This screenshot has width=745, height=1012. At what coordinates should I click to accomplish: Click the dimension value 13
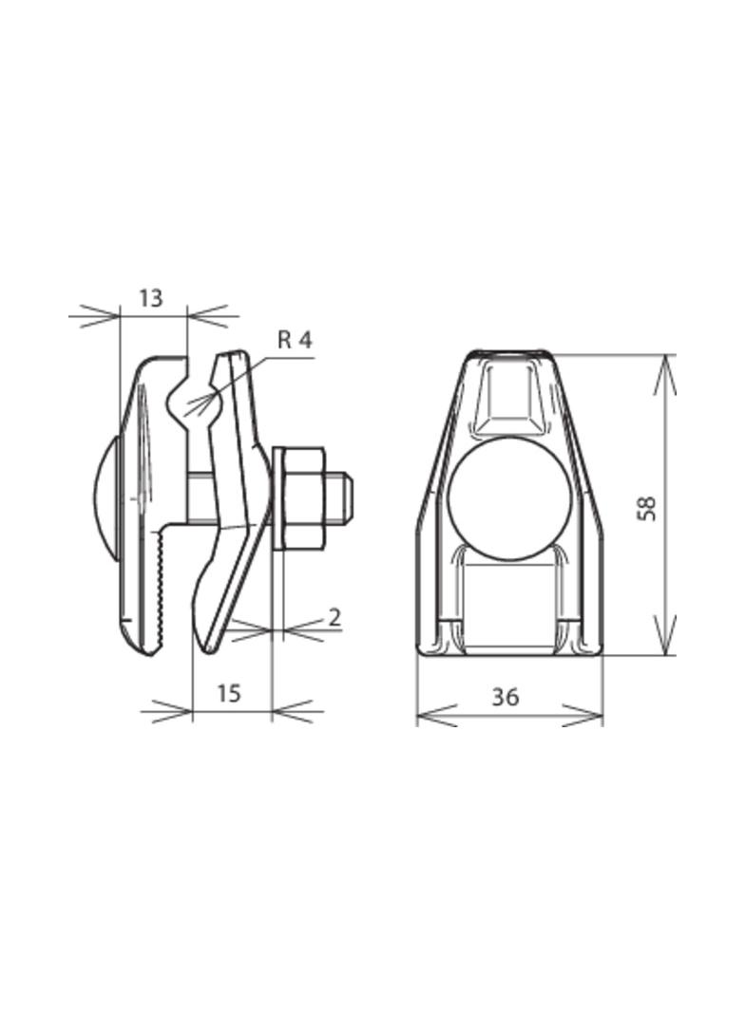150,298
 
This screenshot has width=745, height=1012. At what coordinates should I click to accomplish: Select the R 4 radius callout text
295,340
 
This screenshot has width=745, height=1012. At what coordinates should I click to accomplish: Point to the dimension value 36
506,697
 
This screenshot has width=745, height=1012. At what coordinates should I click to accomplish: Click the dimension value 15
228,693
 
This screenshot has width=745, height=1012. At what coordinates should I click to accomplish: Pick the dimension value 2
334,617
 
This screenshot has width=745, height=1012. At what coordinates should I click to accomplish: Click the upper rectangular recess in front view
511,393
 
